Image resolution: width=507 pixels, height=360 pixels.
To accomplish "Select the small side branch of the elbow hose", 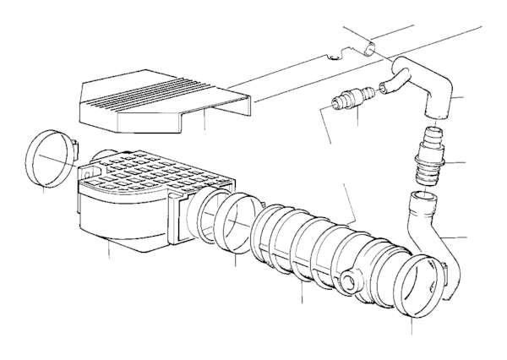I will pyautogui.click(x=394, y=85).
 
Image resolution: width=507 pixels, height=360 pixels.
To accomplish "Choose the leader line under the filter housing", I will pyautogui.click(x=110, y=251).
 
